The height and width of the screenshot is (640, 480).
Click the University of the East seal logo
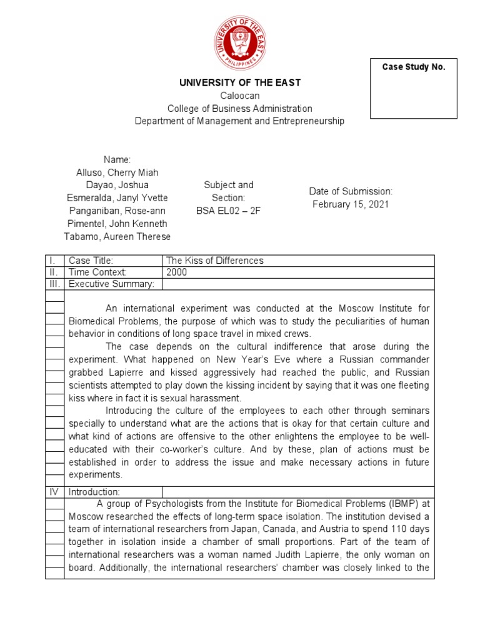(x=240, y=43)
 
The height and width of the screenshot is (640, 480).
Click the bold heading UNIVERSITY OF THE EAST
(x=240, y=83)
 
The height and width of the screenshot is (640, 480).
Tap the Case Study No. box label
(x=414, y=67)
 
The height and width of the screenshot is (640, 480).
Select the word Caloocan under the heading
(x=239, y=96)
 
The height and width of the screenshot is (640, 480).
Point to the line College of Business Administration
(x=239, y=109)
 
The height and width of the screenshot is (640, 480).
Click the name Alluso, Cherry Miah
(x=117, y=172)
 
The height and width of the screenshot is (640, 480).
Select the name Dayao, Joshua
(x=117, y=185)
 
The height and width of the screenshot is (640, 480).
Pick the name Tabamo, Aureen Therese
(x=117, y=236)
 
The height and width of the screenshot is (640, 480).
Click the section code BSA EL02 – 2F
(x=229, y=211)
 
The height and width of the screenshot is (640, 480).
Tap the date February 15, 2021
(x=351, y=204)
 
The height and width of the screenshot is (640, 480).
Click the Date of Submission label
(x=351, y=191)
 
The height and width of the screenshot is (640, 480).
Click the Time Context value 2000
(x=177, y=272)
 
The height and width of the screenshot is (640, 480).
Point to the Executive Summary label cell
(x=111, y=284)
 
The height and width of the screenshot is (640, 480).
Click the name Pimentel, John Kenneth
(x=117, y=223)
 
